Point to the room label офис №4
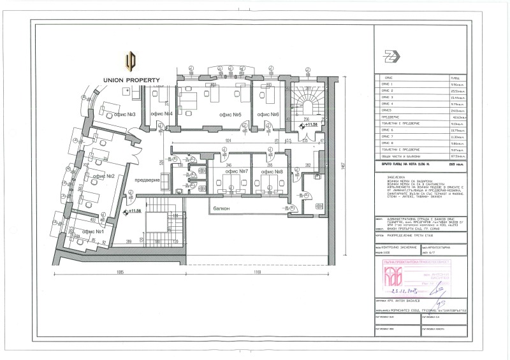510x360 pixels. (x=161, y=114)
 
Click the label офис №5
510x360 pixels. (x=229, y=114)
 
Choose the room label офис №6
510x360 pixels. (x=267, y=114)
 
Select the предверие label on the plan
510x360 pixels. (x=147, y=180)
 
